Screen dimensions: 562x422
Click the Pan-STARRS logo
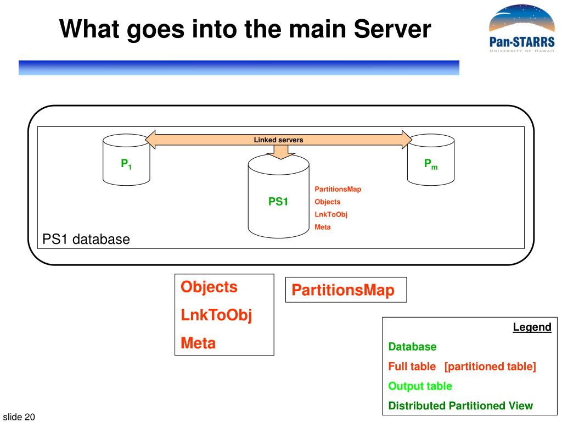(522, 29)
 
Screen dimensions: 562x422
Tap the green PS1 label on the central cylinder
(278, 202)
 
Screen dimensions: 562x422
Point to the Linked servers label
(278, 140)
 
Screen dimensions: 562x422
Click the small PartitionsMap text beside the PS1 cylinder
(338, 189)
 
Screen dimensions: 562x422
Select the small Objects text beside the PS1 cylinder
(328, 202)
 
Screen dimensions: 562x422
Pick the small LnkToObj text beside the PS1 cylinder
(331, 215)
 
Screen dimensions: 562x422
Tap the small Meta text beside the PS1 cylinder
(323, 227)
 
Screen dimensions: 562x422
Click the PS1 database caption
(86, 240)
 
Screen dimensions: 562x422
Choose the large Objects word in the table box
(209, 287)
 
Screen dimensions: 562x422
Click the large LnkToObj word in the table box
(216, 315)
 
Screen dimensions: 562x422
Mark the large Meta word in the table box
(198, 343)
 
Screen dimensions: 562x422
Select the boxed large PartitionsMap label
(343, 290)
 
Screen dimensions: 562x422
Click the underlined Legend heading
(532, 327)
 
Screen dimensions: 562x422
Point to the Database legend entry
(412, 347)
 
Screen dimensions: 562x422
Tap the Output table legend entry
(420, 386)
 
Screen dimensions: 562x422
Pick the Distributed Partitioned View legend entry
(460, 406)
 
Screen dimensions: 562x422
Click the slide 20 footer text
(19, 417)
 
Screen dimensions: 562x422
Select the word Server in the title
(392, 29)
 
